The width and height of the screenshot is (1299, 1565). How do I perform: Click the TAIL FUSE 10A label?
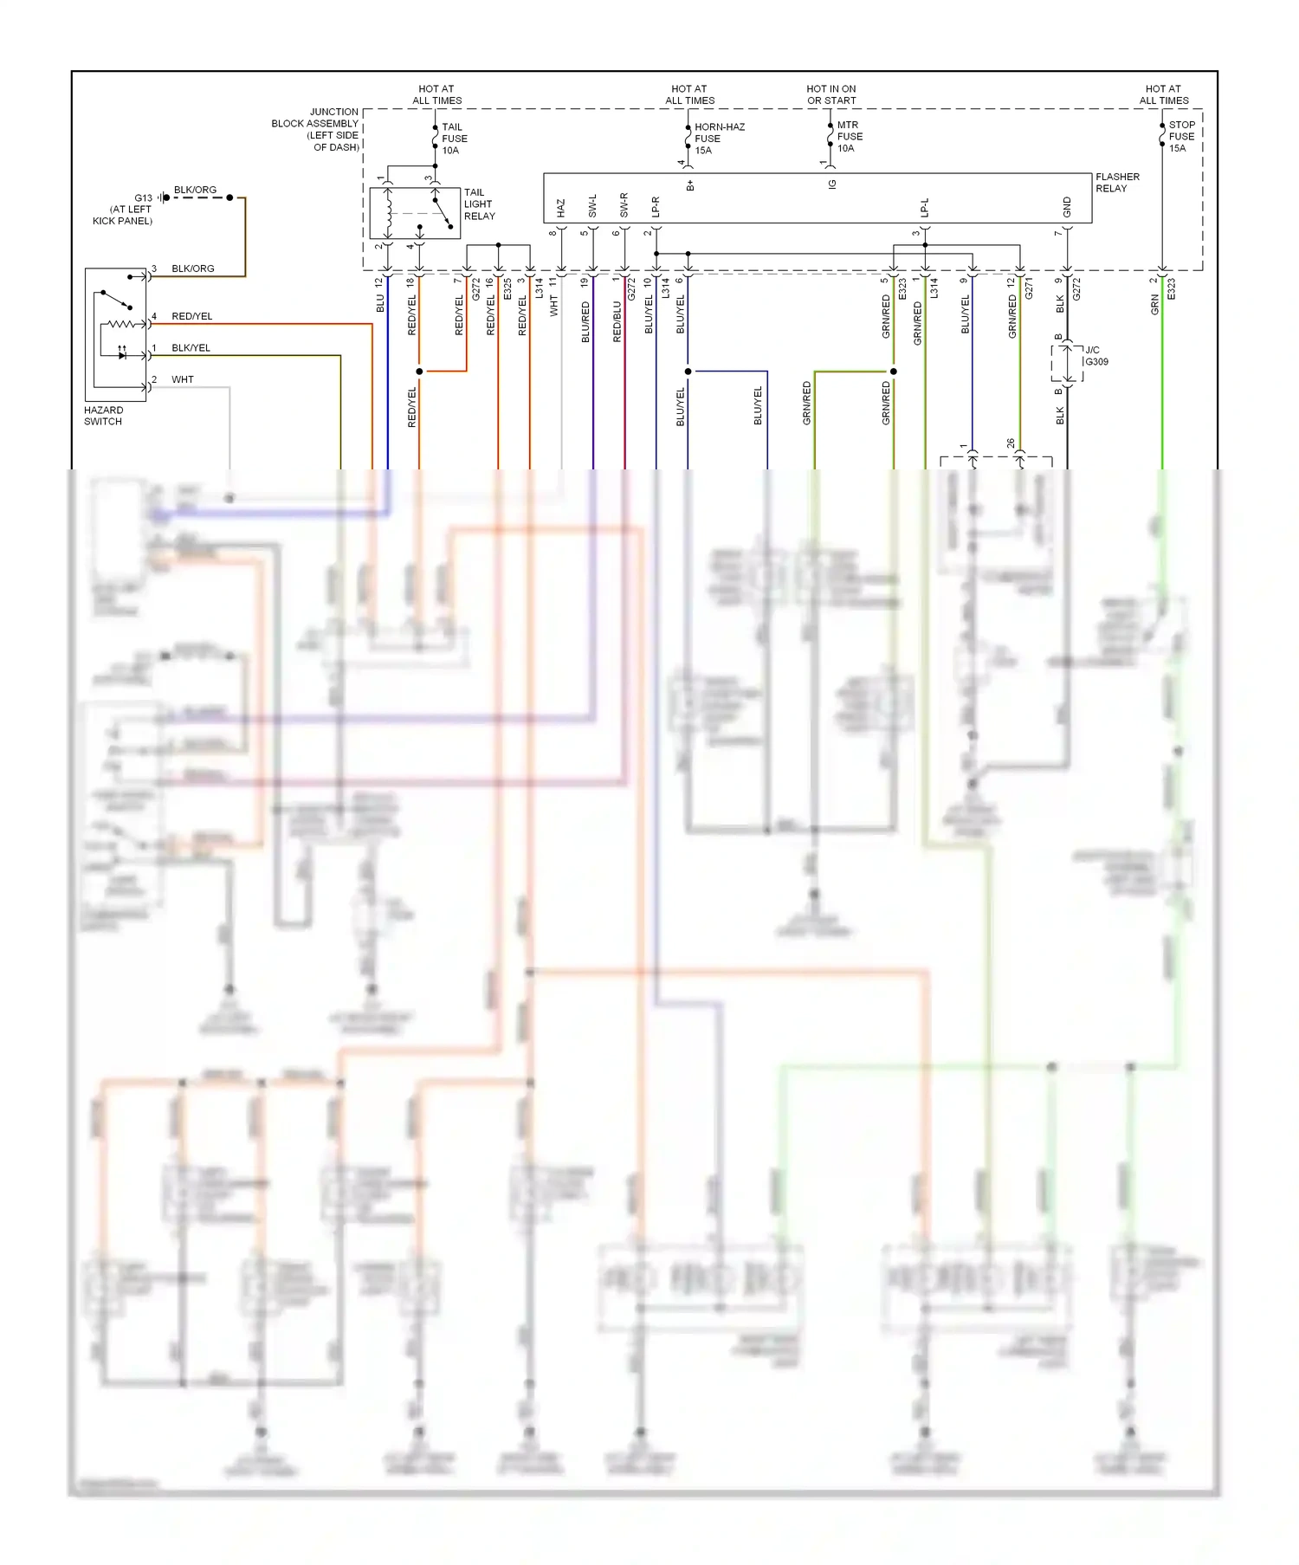[454, 139]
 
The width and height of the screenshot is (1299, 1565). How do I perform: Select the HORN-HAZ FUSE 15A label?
[719, 139]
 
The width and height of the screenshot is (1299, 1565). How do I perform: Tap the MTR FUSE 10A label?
[849, 137]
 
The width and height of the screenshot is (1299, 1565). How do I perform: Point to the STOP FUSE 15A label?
[1181, 137]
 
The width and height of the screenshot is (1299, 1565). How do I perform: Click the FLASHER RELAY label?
[1117, 183]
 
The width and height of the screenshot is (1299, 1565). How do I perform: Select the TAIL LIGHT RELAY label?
[479, 204]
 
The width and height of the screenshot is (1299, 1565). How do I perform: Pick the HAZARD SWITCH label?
[103, 416]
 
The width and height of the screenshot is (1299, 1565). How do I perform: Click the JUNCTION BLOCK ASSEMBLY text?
[315, 129]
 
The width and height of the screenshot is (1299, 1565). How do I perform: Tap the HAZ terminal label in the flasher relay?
[560, 208]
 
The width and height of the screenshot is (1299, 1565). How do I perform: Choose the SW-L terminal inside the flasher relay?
[592, 206]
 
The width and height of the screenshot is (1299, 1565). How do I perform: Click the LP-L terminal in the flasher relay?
[924, 208]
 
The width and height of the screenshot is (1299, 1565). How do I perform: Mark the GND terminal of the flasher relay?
[1067, 208]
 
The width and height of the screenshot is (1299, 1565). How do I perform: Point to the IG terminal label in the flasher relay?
[832, 184]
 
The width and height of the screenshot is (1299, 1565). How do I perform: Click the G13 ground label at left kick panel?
[143, 198]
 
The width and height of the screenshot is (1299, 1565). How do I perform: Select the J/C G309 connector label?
[1095, 356]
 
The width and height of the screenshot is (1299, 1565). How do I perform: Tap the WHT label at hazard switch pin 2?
[183, 379]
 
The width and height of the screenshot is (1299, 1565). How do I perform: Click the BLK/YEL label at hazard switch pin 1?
[191, 348]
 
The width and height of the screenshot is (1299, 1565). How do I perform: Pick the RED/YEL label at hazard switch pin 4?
[191, 316]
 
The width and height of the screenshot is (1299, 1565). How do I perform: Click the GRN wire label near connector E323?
[1154, 304]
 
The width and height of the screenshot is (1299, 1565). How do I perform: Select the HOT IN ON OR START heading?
[831, 94]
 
